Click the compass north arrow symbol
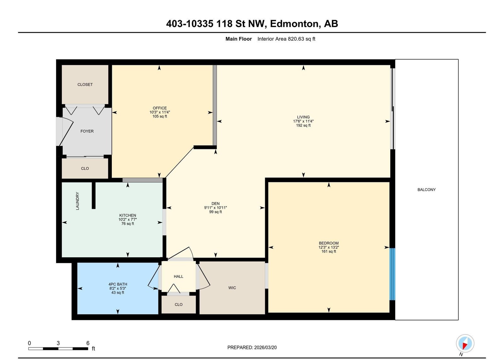465,343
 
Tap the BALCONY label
427,190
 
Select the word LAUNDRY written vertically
77,201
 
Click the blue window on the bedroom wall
392,274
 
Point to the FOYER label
87,131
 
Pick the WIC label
232,288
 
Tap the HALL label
178,277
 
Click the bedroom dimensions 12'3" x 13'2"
329,247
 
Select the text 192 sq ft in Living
303,125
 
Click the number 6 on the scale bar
88,343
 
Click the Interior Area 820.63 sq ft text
286,39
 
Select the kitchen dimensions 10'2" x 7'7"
128,220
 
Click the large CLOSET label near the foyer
85,85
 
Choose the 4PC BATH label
118,284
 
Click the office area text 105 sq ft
160,116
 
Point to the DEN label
215,204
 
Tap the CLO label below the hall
178,305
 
